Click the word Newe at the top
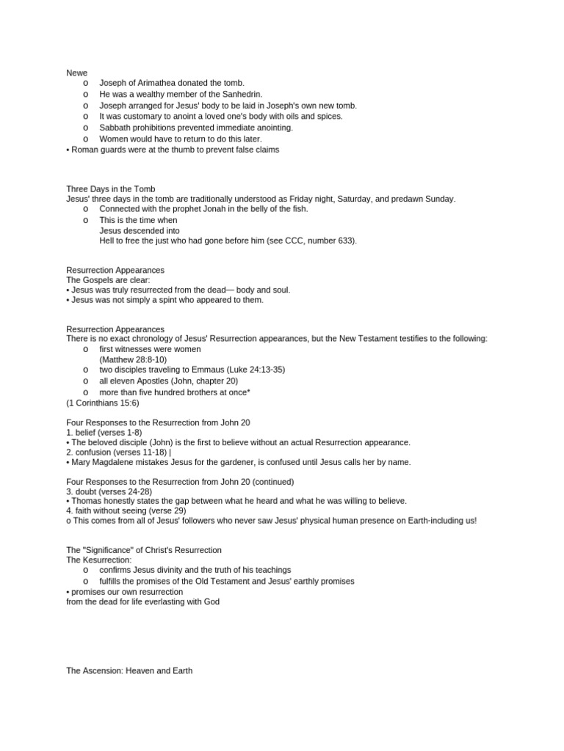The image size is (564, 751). [77, 72]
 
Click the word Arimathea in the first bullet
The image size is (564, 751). [158, 83]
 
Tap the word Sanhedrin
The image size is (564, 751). [239, 94]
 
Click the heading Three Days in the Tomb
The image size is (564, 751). [111, 189]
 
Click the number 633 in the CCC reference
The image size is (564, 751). [344, 241]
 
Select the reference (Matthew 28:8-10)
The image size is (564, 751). [133, 359]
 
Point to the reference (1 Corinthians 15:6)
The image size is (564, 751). [102, 403]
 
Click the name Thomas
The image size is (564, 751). [87, 501]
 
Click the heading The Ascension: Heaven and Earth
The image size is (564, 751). [129, 670]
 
